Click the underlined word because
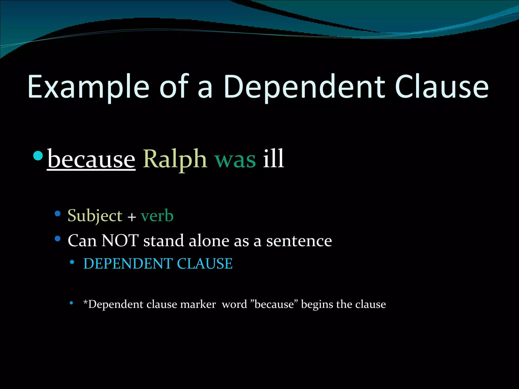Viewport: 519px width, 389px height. [91, 159]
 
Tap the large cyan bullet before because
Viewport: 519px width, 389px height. [38, 155]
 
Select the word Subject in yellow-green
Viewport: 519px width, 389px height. [95, 216]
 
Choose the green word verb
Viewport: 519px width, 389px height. [157, 216]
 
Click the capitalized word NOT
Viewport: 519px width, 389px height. [120, 241]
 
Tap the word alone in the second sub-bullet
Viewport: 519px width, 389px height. [209, 241]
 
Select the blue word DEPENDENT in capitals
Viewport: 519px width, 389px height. [128, 264]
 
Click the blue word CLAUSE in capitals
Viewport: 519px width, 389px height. [205, 264]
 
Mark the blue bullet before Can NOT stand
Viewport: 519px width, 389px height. [58, 239]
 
